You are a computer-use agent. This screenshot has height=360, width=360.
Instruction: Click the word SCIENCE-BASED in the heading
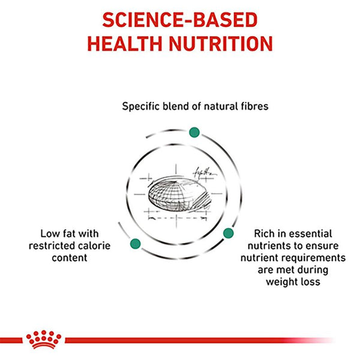pos(179,19)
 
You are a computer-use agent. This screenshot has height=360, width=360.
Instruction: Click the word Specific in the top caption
pos(142,107)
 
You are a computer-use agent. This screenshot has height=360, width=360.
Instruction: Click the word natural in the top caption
pos(201,107)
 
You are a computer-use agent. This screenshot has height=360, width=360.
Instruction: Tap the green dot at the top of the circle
pos(194,132)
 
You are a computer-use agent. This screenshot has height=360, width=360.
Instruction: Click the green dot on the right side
pos(228,233)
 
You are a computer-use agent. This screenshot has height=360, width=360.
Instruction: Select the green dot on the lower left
pos(135,243)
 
